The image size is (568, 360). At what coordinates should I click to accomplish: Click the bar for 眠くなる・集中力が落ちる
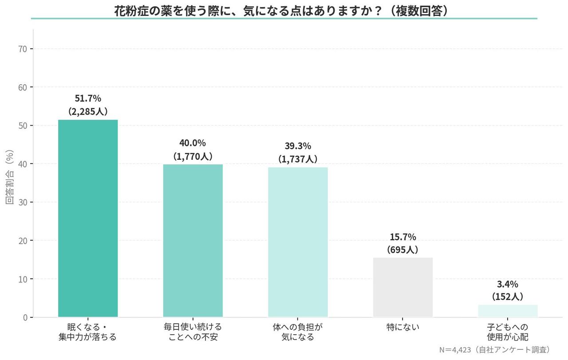tap(88, 218)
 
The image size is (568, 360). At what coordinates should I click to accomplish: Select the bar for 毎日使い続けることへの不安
tap(193, 241)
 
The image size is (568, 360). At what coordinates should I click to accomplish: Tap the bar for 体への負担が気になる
tap(298, 242)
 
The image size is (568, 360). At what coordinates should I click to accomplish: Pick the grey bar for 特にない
tap(402, 287)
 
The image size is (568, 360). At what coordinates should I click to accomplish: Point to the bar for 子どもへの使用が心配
tap(508, 311)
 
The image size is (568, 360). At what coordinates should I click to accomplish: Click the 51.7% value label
tap(88, 99)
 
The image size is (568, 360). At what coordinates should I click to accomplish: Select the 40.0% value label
tap(193, 143)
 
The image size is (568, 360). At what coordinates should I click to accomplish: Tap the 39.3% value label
tap(298, 146)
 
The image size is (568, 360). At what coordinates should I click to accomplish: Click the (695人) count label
tap(402, 249)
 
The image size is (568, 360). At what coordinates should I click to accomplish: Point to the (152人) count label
tap(508, 297)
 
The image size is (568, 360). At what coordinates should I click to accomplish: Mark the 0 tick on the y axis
tap(25, 317)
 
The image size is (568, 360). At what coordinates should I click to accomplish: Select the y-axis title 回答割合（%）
tap(9, 178)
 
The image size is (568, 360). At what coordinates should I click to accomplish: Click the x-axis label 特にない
tap(402, 327)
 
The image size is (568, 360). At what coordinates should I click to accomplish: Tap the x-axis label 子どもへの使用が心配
tap(508, 332)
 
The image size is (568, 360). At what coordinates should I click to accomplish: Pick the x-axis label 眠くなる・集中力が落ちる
tap(88, 332)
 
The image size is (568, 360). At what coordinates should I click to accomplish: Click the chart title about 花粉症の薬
tap(284, 11)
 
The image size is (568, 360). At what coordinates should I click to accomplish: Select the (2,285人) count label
tap(88, 111)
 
